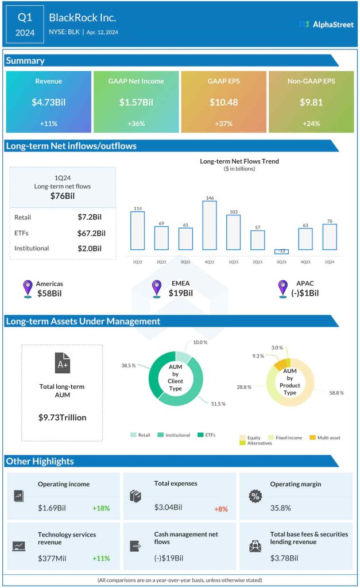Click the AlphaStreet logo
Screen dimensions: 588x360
tap(326, 24)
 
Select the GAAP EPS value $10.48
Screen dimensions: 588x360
tap(223, 102)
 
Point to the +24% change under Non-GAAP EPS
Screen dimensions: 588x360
tap(311, 123)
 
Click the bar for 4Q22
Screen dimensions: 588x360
tap(210, 225)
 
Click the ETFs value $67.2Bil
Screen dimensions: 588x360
tap(91, 233)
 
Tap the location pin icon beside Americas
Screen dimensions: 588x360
tap(27, 288)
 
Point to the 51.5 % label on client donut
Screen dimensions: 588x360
tap(218, 404)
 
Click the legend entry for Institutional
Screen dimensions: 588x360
tap(175, 435)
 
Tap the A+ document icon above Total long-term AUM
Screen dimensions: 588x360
tap(61, 363)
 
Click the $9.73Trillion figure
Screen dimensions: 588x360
tap(62, 417)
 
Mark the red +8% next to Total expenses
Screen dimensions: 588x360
tap(222, 508)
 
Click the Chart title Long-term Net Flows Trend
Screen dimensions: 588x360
tap(239, 161)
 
